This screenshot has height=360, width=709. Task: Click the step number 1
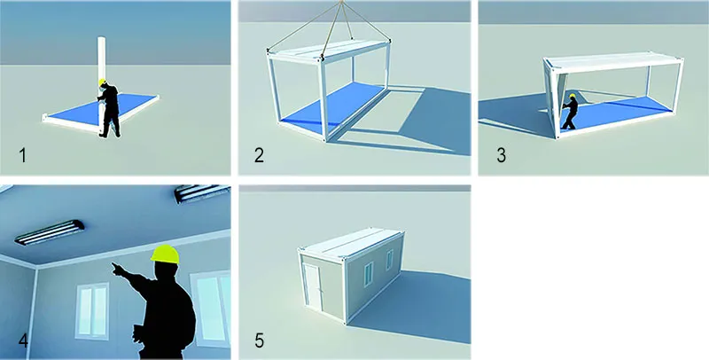pos(23,155)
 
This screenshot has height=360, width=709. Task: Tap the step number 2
pos(259,155)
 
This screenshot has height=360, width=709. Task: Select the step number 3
pos(501,155)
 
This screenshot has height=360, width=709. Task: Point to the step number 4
pos(23,340)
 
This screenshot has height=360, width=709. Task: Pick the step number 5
pos(259,340)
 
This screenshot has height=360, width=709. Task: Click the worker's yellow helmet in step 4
pos(165,254)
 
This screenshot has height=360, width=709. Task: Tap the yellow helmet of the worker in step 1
pos(103,82)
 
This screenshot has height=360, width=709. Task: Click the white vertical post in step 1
pos(102,82)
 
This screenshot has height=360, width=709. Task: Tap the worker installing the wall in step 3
pos(570,112)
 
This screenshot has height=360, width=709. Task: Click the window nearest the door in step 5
pos(369,274)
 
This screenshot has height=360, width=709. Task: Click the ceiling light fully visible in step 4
pos(50,232)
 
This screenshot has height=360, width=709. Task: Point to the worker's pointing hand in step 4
pos(117,269)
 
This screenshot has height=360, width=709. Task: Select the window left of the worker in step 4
pos(93,311)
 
